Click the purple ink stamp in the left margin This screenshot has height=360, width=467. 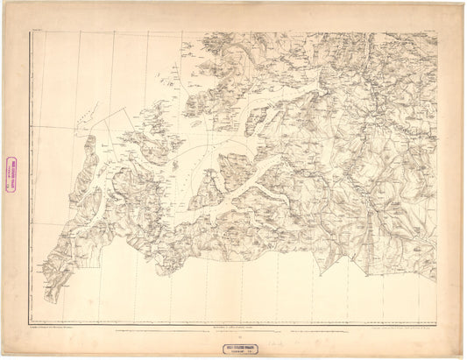click(x=12, y=173)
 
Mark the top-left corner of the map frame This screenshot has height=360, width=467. click(x=32, y=32)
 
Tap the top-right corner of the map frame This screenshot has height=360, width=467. click(x=436, y=32)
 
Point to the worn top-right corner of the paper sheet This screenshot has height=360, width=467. click(x=463, y=4)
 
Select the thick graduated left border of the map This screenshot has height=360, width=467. click(x=32, y=175)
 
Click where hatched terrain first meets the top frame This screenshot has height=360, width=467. click(x=184, y=32)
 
